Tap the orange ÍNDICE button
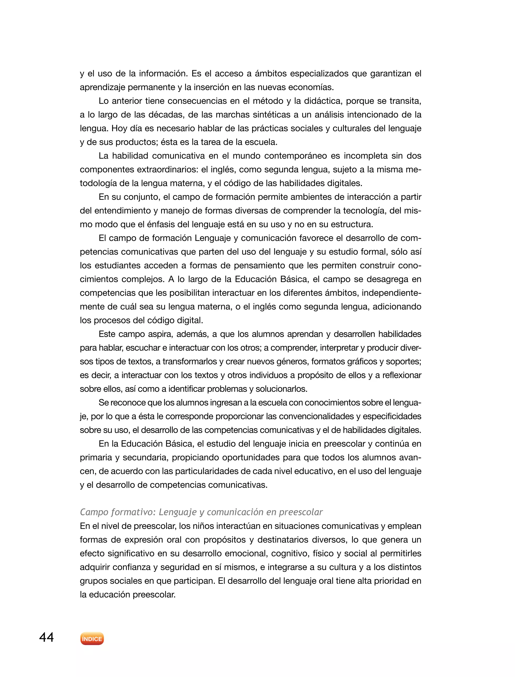(x=92, y=639)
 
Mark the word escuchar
(x=143, y=348)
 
